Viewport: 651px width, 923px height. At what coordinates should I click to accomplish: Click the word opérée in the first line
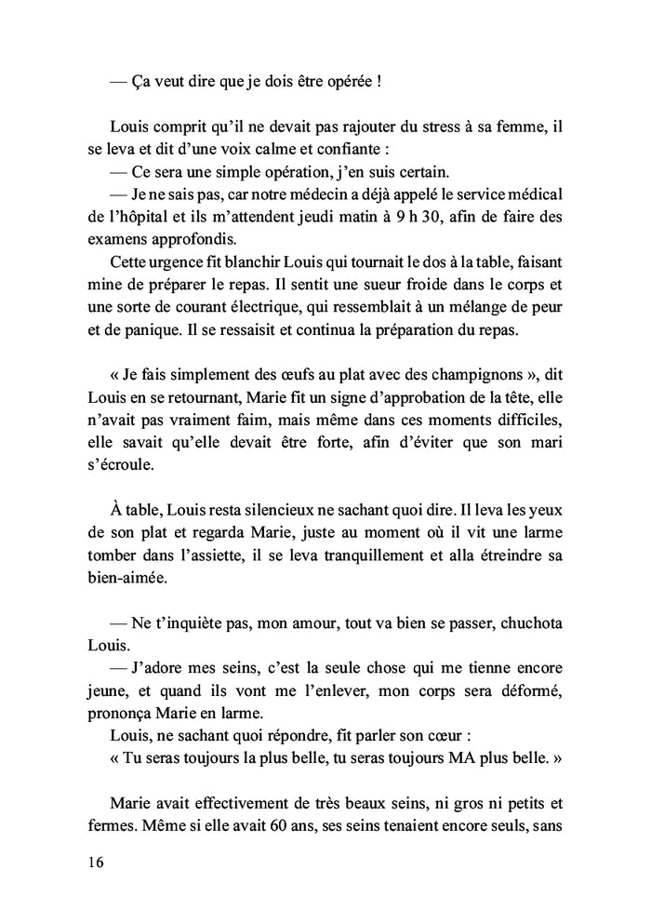[350, 81]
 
